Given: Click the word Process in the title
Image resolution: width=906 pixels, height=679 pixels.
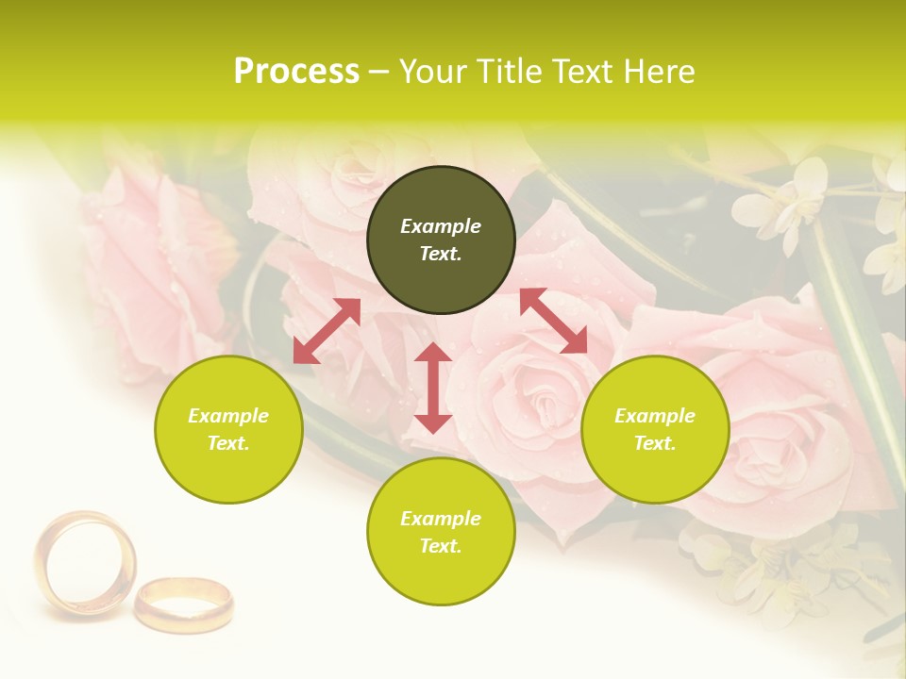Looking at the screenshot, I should [296, 72].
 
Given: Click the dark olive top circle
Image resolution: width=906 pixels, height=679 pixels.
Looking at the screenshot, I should [441, 240].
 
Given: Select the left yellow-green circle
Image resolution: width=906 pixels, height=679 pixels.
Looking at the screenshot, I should [228, 429].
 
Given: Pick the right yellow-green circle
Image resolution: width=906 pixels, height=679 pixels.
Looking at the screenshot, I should [655, 429].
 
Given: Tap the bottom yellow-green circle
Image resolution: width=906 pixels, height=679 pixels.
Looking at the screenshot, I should [441, 531].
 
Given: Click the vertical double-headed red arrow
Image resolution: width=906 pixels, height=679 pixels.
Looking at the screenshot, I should [433, 388].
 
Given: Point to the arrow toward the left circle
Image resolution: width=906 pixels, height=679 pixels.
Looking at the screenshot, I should [327, 331].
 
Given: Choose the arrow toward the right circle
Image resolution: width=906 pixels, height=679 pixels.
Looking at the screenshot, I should [554, 321].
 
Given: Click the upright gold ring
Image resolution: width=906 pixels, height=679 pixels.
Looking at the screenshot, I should [84, 563].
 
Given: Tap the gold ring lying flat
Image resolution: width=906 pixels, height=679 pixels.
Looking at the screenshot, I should [183, 604].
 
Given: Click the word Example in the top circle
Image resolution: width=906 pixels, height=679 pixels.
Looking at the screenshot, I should [441, 226].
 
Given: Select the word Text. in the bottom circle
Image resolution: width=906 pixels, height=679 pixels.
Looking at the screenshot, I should [441, 546].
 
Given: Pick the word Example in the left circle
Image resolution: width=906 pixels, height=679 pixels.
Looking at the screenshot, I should [228, 416].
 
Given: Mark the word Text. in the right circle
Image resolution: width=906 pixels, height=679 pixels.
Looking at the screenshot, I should [655, 443].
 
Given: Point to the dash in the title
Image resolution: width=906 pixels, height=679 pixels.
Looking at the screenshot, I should [379, 73].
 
